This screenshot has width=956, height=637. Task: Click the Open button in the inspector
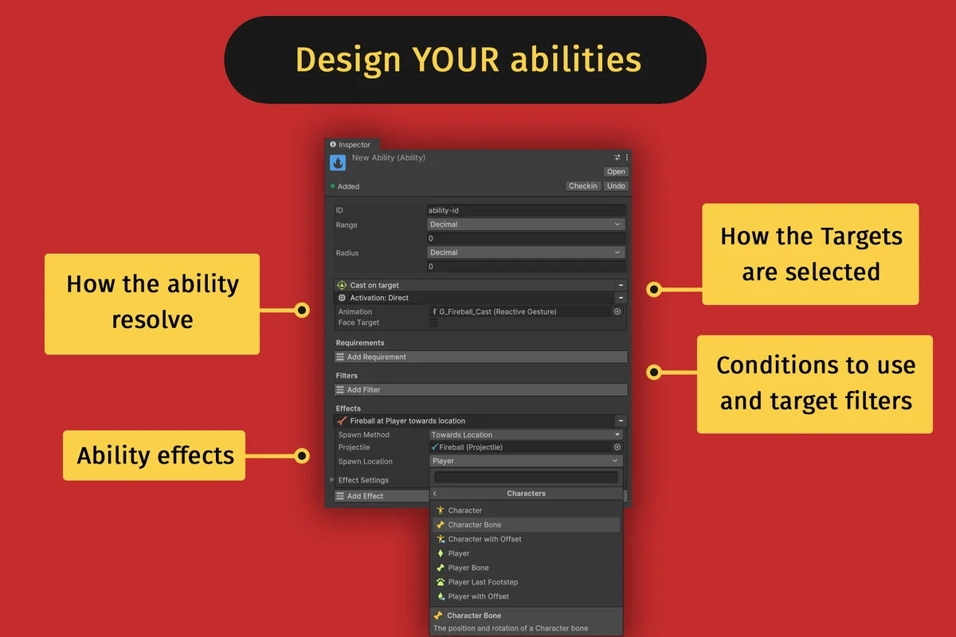[616, 172]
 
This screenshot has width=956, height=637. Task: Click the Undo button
[616, 186]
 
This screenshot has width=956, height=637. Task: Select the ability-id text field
[526, 211]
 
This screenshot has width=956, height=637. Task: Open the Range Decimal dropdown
[526, 225]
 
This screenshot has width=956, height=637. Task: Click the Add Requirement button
[480, 358]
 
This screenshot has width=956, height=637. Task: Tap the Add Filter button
[480, 390]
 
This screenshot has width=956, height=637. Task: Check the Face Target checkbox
[433, 323]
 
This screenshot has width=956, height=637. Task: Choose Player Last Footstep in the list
[483, 582]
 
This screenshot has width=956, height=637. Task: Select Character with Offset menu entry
[484, 539]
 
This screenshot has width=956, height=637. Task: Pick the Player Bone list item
[468, 568]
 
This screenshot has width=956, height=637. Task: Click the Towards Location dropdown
[526, 435]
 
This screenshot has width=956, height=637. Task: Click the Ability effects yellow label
[155, 455]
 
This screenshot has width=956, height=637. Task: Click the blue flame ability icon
[338, 162]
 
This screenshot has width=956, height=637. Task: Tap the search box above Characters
[526, 478]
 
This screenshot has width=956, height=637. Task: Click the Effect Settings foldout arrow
[332, 480]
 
